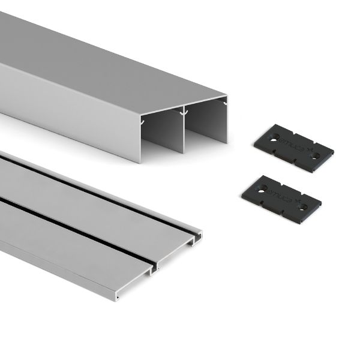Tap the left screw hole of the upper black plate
tap(274, 139)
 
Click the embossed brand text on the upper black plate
tap(292, 148)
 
